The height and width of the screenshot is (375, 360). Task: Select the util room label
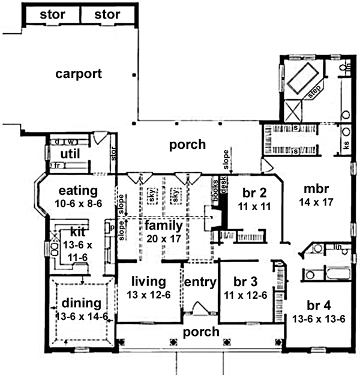point(70,154)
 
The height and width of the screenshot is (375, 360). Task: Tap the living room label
point(149,281)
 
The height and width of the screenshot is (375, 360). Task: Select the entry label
point(199,282)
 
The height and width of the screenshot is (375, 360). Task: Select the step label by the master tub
point(314,92)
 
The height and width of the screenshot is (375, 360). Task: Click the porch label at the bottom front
point(201,332)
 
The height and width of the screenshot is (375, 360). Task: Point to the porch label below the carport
point(187,144)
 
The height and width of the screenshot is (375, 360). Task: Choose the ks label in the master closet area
point(346,144)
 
